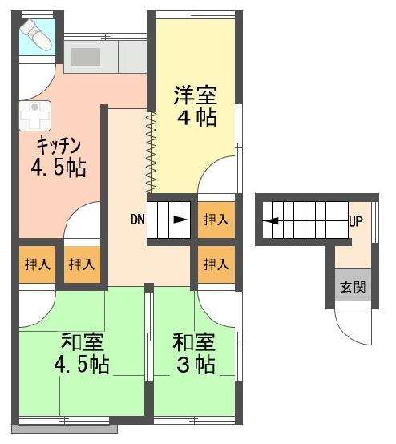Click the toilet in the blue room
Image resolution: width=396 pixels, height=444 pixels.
(x=36, y=35)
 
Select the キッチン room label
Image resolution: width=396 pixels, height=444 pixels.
(x=59, y=146)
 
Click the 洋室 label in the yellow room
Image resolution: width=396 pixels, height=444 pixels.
(x=196, y=95)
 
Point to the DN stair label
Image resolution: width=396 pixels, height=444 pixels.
(x=138, y=220)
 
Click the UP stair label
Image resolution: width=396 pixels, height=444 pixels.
(x=356, y=221)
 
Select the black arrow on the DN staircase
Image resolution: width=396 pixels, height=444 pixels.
(x=180, y=220)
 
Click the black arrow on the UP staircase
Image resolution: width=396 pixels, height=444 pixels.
(x=271, y=220)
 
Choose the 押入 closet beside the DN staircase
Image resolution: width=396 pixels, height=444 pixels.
(x=216, y=220)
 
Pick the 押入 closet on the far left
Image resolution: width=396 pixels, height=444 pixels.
(x=38, y=264)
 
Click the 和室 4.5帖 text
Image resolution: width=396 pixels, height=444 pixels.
(x=82, y=353)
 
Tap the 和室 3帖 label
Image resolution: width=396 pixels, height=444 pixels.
(x=196, y=353)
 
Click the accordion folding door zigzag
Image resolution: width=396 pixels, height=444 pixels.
(x=151, y=152)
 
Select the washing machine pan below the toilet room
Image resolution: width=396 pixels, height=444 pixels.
(x=34, y=115)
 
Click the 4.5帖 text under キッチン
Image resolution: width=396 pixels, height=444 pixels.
(x=59, y=168)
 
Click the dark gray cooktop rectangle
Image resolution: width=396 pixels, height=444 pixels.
(x=86, y=57)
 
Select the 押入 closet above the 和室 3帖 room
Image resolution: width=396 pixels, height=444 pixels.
(x=216, y=264)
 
